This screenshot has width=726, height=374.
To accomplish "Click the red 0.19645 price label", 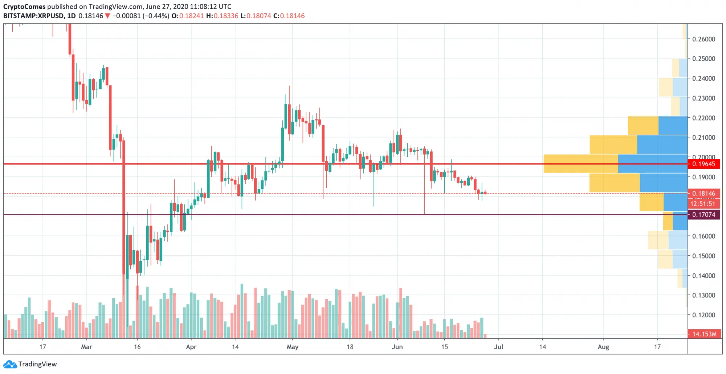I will coord(703,164).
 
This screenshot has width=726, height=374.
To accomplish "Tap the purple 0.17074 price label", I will coord(703,215).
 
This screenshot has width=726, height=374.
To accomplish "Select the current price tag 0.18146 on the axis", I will coord(703,194).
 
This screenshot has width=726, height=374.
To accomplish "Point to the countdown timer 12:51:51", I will coord(703,204).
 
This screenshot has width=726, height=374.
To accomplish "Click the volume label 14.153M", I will coord(704,334).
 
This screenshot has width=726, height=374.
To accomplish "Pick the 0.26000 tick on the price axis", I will coord(703,39).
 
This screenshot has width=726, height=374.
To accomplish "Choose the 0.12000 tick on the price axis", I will coord(703,315).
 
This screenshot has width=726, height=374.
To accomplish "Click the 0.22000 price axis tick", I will coord(703,118).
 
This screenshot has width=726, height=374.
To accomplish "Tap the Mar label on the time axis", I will coord(86,347).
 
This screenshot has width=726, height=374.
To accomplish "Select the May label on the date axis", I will coord(292,347).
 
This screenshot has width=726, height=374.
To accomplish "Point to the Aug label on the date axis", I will coord(603,347).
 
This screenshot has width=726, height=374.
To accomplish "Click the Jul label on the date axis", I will coord(498,347).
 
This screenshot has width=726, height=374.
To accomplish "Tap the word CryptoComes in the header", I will coord(24,7).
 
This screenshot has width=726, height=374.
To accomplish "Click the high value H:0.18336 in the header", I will coord(222,16).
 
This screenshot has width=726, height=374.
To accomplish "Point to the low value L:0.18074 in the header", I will coord(256,16).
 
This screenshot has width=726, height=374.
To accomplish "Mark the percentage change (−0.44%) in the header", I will coord(156,16).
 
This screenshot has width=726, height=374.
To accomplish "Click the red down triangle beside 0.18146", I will coord(107,16).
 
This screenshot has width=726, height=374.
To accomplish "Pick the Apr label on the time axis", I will coord(191,347).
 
